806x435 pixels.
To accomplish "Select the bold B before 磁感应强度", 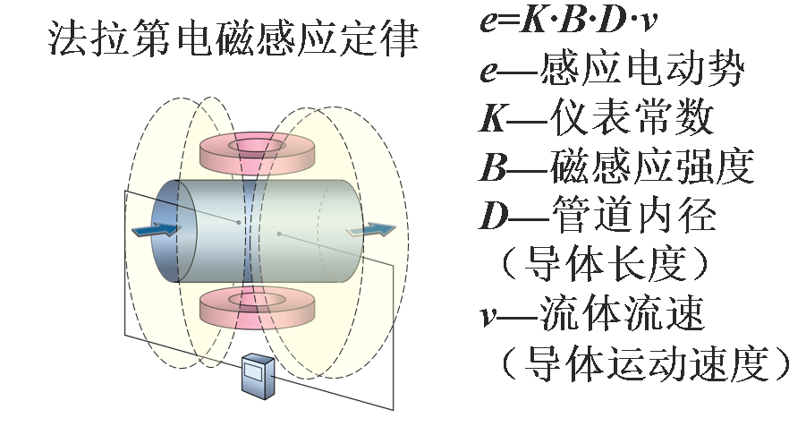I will pos(496,166).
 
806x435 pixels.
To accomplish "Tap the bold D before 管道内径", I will pos(496,215).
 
